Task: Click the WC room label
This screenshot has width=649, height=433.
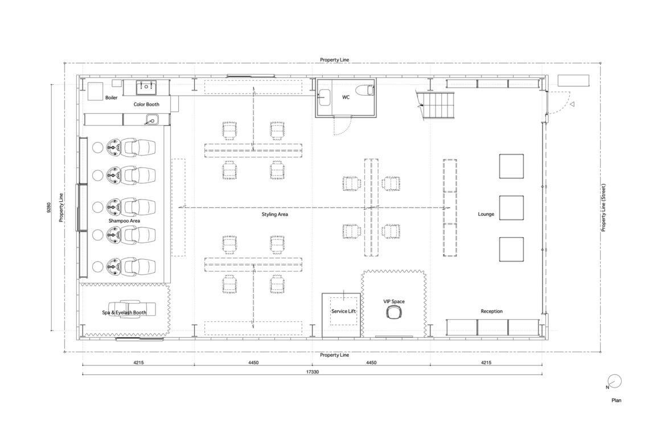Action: click(x=346, y=97)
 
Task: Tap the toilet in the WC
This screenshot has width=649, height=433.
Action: click(x=365, y=89)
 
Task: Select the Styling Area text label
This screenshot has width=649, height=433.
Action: click(x=274, y=214)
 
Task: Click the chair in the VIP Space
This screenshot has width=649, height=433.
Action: click(x=393, y=312)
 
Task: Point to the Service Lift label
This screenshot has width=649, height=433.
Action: click(x=343, y=311)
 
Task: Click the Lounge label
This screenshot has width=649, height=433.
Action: click(x=486, y=214)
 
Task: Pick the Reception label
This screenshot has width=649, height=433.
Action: click(x=491, y=311)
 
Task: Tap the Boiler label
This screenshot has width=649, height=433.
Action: click(x=111, y=98)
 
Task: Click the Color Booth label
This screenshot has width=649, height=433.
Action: click(x=146, y=104)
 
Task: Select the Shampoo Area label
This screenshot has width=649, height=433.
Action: click(x=124, y=221)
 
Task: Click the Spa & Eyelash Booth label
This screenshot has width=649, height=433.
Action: click(x=124, y=312)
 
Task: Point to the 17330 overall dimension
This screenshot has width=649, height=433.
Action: click(x=313, y=371)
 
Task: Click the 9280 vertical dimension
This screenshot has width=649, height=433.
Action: click(x=49, y=207)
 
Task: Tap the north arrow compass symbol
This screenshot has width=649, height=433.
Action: click(x=615, y=381)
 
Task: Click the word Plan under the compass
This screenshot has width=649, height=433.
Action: click(x=617, y=401)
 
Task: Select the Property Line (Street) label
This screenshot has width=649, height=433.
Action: click(x=603, y=207)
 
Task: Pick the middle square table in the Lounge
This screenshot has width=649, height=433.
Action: click(x=511, y=207)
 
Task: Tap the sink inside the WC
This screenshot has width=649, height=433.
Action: click(x=324, y=97)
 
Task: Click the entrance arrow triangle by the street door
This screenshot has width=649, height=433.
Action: click(x=572, y=104)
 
